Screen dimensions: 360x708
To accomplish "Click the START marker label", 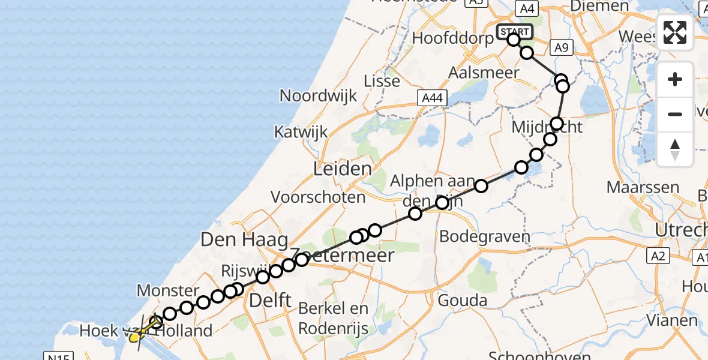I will (514, 31).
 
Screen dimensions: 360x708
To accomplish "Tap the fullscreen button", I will (675, 32).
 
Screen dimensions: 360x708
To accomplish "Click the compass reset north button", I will (675, 149).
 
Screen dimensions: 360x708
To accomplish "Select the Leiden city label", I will (343, 169).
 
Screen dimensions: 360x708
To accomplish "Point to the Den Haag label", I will (244, 240).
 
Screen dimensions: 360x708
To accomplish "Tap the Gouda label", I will (462, 299).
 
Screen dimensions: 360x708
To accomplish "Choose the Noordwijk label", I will (318, 95).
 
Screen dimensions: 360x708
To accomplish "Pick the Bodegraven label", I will (485, 236).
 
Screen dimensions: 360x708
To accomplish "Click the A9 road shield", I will (561, 48).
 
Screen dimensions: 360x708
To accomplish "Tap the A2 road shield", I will (658, 257).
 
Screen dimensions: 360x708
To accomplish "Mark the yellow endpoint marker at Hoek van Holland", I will (134, 338).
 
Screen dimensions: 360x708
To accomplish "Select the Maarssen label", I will (643, 187).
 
